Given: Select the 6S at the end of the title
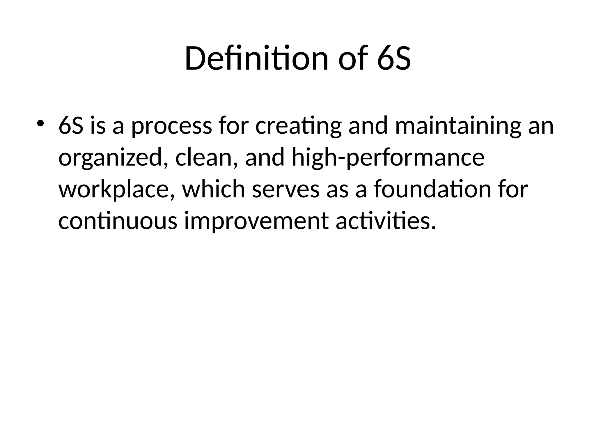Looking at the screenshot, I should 394,59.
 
